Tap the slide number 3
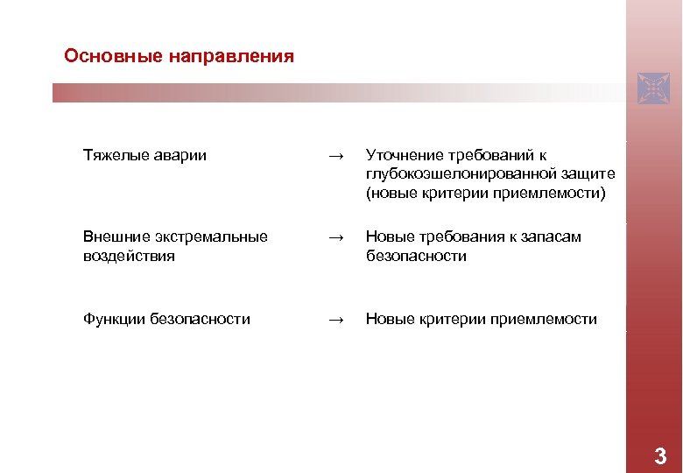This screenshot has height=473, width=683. pyautogui.click(x=659, y=456)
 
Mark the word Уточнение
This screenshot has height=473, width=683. pyautogui.click(x=404, y=155)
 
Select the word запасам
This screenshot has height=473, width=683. pyautogui.click(x=553, y=237)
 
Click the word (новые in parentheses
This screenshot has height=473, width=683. pyautogui.click(x=391, y=192)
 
